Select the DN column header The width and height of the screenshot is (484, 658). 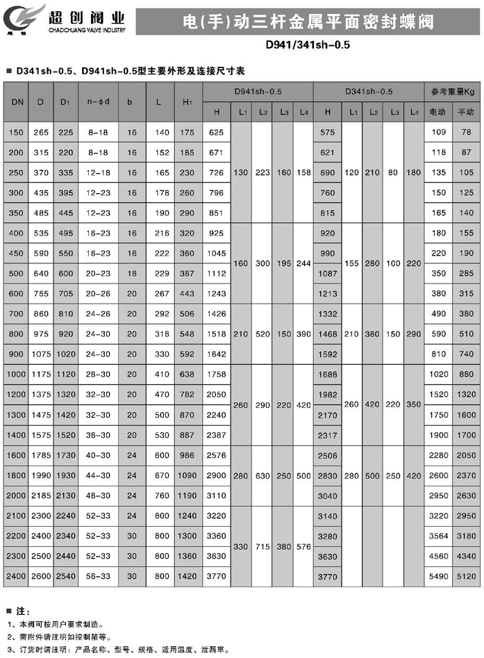coord(17,102)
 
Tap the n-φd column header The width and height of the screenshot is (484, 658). coord(98,102)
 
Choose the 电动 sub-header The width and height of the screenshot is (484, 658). coord(438,112)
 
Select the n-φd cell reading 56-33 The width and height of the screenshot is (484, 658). coord(98,576)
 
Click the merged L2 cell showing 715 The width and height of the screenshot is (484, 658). coord(262,547)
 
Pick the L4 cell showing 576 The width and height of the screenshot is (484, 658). coord(303,547)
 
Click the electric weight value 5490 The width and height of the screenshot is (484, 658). coord(438,576)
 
